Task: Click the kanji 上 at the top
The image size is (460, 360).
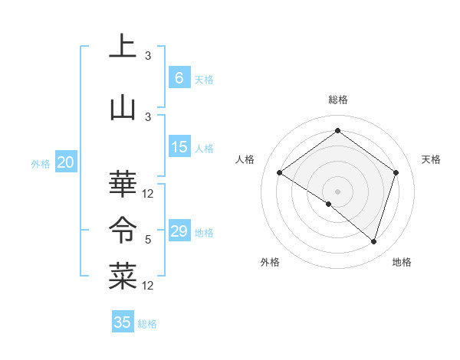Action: pos(123,46)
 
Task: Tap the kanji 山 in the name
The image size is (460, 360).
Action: pos(123,107)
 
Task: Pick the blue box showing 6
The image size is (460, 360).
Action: pos(179,78)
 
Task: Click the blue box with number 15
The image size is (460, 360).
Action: pos(179,147)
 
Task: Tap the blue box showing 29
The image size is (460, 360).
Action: pos(179,231)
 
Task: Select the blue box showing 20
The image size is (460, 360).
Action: pos(66,162)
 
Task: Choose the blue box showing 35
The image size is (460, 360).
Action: pos(123,322)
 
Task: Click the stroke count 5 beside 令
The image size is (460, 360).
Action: pos(148,240)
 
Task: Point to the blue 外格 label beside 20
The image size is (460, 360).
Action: pos(40,163)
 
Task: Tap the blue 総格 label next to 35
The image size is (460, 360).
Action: pos(148,324)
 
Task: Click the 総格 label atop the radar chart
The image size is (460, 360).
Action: pos(337,100)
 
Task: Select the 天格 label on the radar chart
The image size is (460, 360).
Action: pos(432,159)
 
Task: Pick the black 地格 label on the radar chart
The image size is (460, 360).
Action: pos(402,262)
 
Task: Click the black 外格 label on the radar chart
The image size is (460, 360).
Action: pos(270,262)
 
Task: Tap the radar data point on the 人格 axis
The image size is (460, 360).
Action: pos(280,173)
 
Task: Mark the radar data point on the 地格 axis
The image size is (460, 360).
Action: pos(373,242)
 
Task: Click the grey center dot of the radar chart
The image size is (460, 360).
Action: pos(337,191)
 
